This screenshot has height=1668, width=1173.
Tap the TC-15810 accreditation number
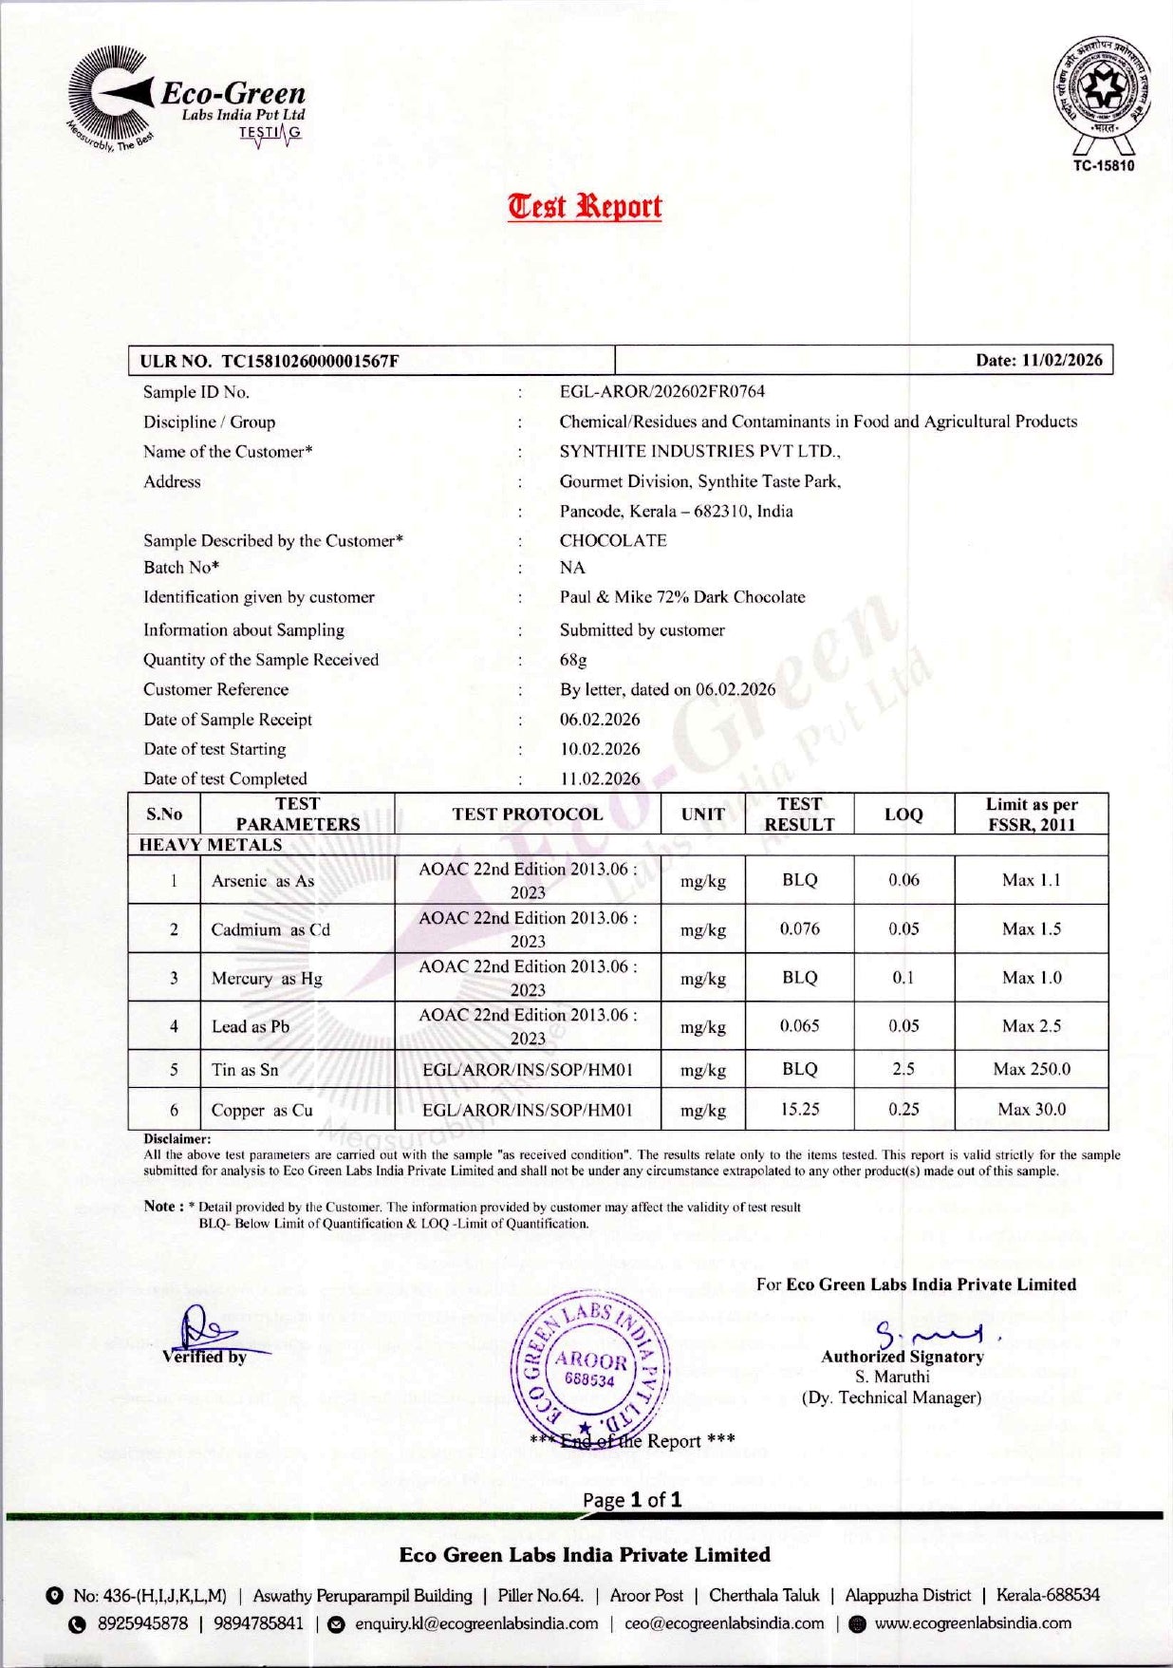click(x=1103, y=165)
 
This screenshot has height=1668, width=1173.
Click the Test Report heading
click(x=585, y=206)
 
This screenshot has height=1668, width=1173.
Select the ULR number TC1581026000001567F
click(x=309, y=361)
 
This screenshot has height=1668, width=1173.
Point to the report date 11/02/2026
click(x=1061, y=360)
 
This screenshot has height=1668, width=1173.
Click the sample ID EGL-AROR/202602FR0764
click(x=661, y=391)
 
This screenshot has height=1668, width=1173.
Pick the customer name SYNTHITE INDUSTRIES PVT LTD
click(x=699, y=451)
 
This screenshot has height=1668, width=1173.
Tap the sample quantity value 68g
click(x=573, y=659)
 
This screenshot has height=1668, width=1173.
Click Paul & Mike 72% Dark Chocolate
click(x=681, y=597)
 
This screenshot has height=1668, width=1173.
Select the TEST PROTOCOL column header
click(x=527, y=814)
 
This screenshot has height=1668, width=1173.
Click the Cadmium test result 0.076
click(x=799, y=928)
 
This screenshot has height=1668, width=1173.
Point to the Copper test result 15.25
click(x=799, y=1109)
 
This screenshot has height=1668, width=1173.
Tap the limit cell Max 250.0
click(x=1031, y=1069)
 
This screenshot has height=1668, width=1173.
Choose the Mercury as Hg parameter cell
click(x=267, y=978)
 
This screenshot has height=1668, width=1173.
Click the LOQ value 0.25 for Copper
click(x=903, y=1109)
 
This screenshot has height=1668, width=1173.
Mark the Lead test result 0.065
click(x=799, y=1025)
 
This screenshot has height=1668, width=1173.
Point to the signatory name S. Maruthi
click(x=892, y=1377)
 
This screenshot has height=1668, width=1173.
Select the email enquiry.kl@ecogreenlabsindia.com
click(x=476, y=1623)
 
